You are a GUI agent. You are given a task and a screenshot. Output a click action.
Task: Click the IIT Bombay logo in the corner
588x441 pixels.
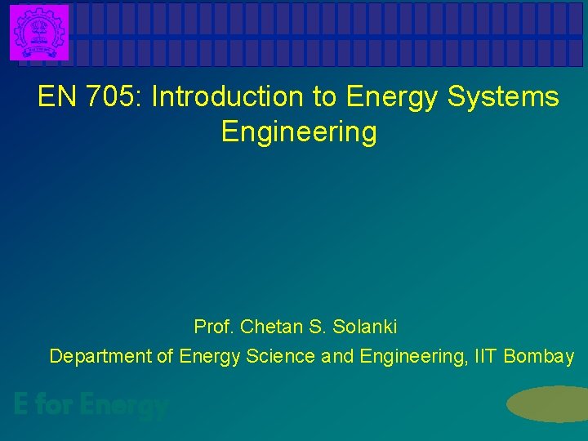(39, 32)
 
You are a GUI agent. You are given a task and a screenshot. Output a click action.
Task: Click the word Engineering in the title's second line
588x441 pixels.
(299, 132)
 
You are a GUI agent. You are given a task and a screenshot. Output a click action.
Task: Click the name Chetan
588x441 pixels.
(269, 327)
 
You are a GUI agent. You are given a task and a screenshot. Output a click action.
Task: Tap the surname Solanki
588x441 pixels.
(365, 327)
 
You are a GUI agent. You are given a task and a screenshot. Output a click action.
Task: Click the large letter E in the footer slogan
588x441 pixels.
(23, 404)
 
